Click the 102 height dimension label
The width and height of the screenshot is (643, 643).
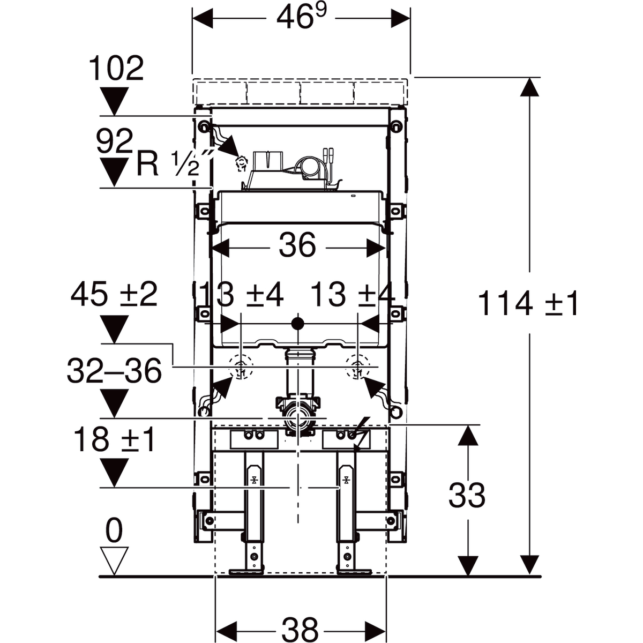tap(116, 69)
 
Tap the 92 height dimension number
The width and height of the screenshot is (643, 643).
tap(115, 142)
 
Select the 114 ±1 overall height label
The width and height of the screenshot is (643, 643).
tap(528, 303)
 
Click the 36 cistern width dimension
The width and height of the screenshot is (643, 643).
tap(297, 246)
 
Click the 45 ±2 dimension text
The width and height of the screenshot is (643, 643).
tap(114, 294)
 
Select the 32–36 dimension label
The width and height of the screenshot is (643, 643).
tap(114, 370)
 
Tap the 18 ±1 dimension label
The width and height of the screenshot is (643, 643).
tap(114, 439)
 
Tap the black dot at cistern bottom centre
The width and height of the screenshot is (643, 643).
tap(297, 324)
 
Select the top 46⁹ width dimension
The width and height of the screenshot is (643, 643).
tap(301, 19)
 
